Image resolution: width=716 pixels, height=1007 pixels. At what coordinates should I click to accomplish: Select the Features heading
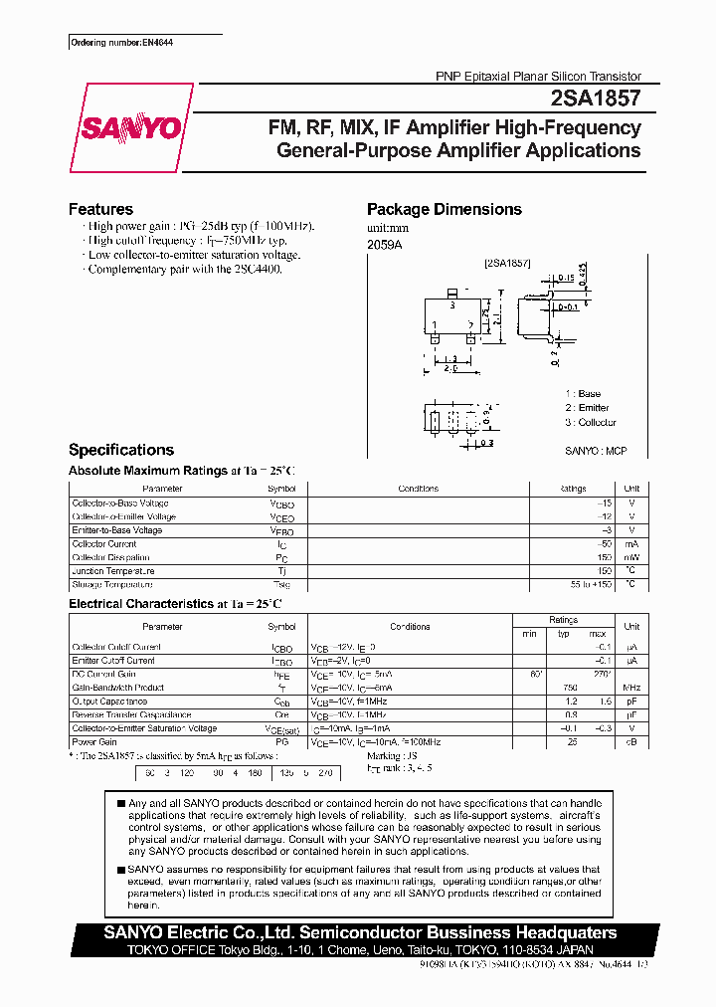[100, 209]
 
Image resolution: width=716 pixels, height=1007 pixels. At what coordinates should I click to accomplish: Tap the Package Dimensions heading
[444, 209]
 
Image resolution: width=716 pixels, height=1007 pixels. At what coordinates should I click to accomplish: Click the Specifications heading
[120, 450]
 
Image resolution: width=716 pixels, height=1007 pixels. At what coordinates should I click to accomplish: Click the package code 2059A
[385, 244]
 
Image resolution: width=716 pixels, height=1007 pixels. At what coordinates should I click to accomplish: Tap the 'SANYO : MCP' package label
[596, 451]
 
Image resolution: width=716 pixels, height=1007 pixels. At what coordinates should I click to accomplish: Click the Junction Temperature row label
[113, 571]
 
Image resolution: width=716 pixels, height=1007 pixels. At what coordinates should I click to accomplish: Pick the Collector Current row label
[104, 544]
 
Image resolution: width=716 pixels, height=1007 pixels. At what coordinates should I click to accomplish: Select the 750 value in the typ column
[569, 688]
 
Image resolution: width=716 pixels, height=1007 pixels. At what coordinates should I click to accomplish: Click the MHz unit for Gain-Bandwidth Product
[631, 688]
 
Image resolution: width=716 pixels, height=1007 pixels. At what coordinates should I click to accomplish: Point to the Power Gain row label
[94, 742]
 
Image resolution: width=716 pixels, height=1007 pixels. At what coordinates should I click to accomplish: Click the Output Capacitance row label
[111, 702]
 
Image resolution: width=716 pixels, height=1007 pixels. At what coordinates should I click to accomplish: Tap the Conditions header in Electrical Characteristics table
[410, 627]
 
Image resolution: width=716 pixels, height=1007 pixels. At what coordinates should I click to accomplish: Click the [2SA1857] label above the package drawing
[507, 264]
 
